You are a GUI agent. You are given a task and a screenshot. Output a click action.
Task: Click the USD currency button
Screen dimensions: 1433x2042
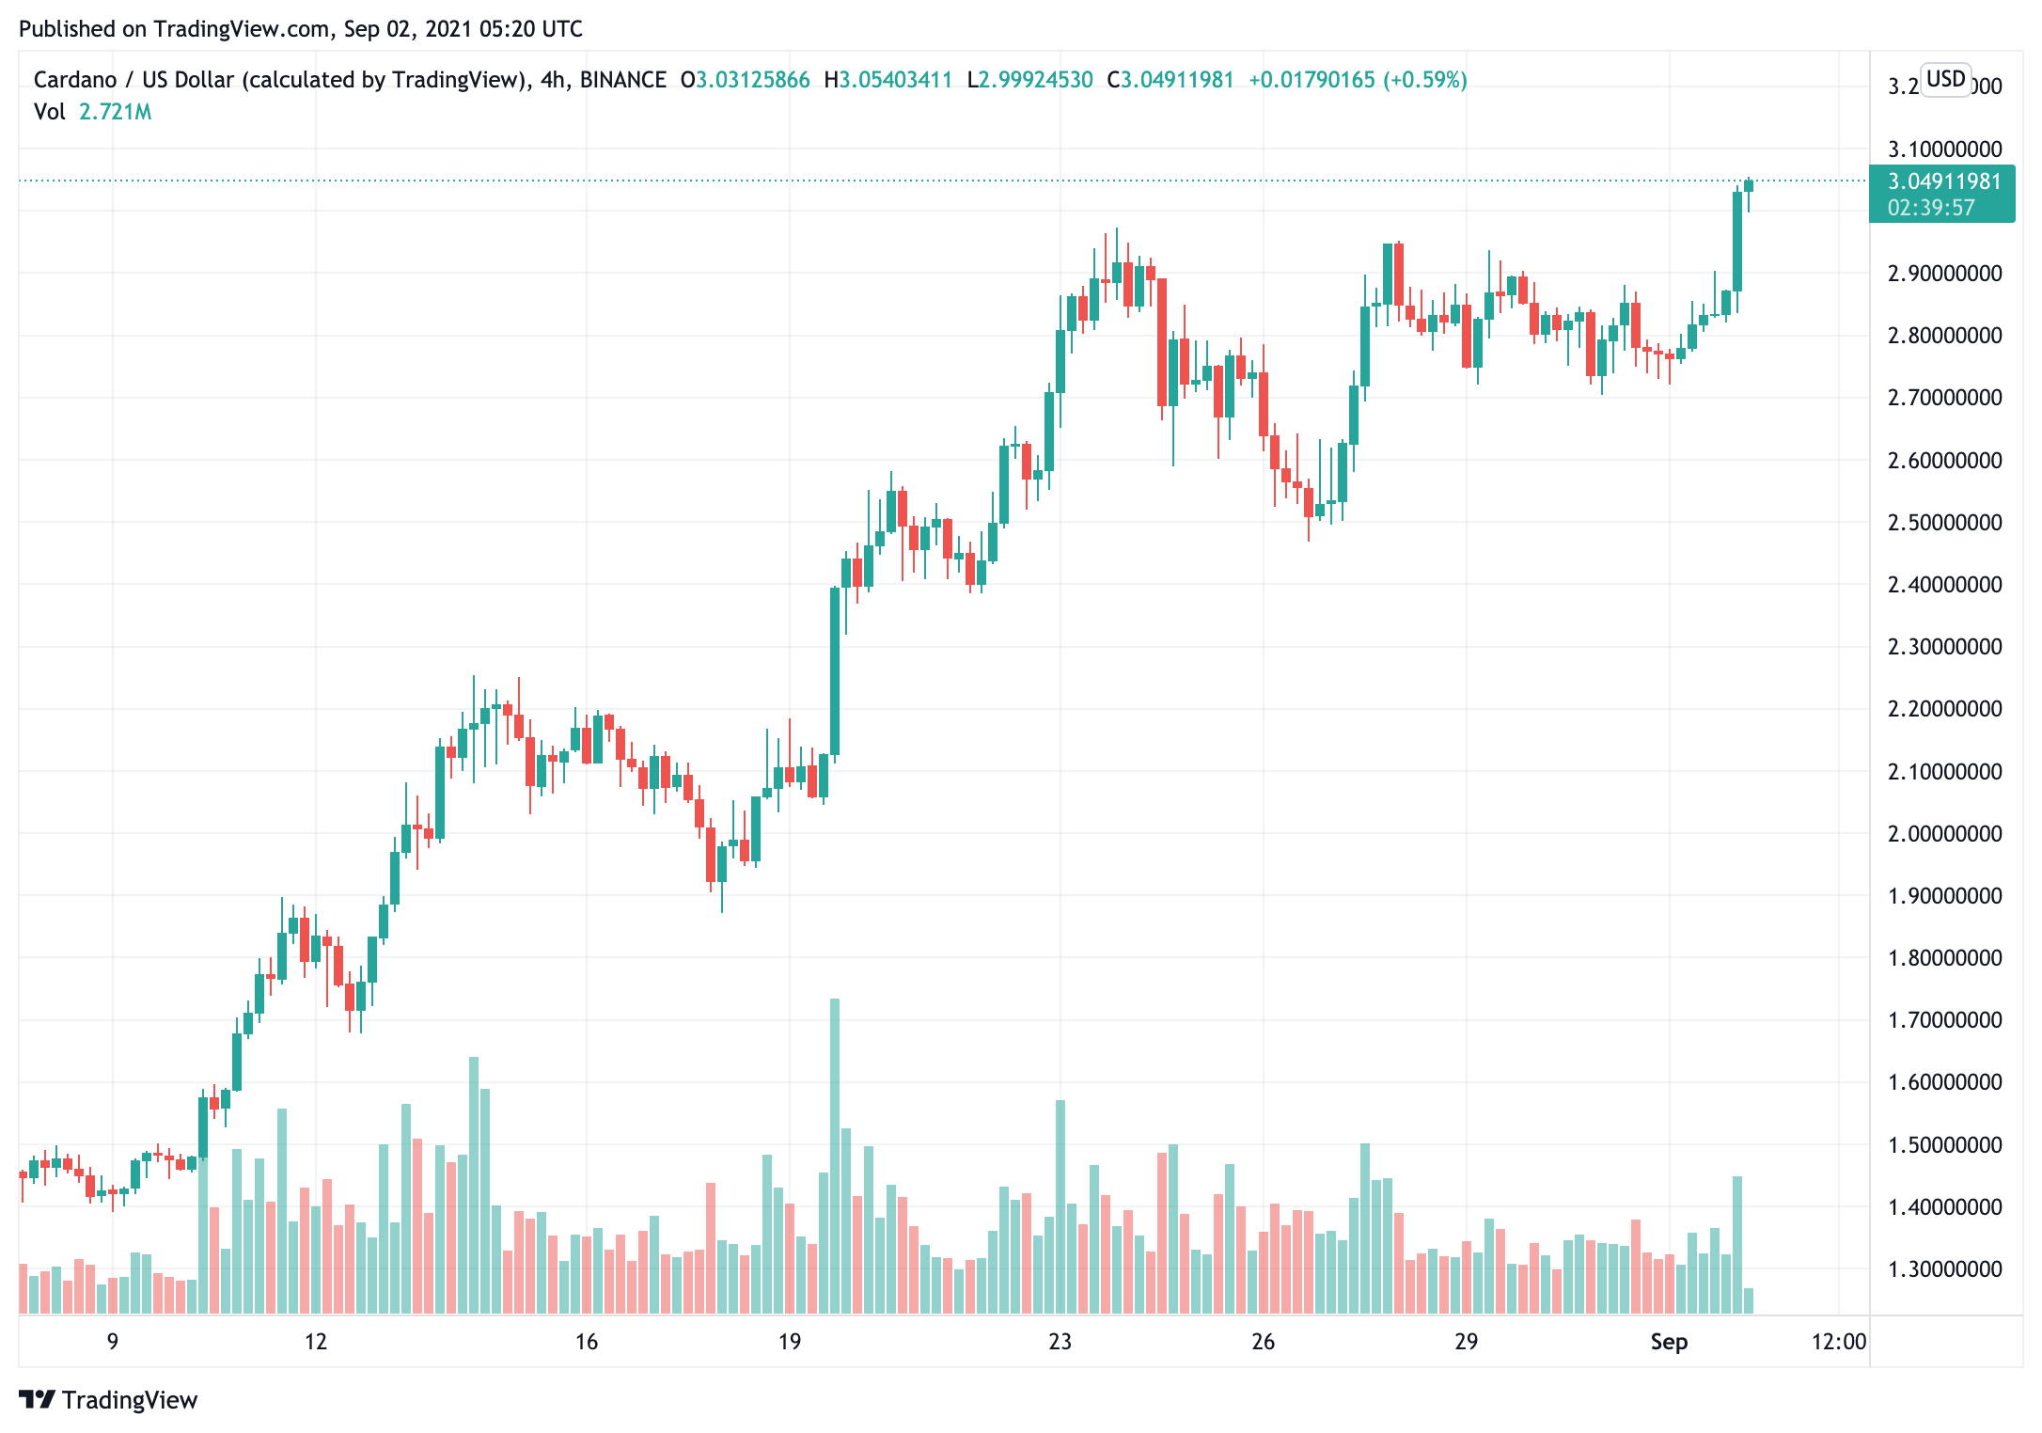(x=1945, y=79)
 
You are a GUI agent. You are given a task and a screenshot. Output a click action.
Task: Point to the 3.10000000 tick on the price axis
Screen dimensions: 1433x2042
(x=1944, y=149)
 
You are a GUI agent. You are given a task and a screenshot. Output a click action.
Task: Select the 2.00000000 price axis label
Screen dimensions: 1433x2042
(x=1944, y=834)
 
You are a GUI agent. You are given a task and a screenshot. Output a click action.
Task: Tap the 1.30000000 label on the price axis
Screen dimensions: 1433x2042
(x=1944, y=1269)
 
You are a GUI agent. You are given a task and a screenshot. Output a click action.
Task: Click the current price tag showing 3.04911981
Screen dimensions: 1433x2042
(x=1943, y=181)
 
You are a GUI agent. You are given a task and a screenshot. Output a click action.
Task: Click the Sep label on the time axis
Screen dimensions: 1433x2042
(x=1669, y=1342)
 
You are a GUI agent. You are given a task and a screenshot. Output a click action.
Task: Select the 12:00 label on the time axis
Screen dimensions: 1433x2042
(x=1838, y=1342)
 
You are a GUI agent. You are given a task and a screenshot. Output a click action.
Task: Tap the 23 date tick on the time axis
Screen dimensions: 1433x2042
(x=1060, y=1342)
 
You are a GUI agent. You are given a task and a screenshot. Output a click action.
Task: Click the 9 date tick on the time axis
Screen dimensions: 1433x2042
(x=113, y=1342)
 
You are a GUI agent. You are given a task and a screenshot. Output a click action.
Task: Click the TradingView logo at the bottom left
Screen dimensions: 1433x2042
(x=108, y=1400)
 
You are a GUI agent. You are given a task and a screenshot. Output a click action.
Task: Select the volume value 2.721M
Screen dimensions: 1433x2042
(x=115, y=112)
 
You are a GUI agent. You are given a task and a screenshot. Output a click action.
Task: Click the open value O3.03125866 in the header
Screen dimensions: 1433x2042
(x=745, y=80)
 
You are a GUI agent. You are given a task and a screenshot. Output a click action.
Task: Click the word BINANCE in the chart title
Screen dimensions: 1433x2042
(x=622, y=80)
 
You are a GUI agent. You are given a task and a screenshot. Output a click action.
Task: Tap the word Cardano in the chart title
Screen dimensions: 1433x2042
(x=75, y=80)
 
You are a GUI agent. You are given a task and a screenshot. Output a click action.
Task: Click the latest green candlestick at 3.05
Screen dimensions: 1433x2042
(x=1749, y=185)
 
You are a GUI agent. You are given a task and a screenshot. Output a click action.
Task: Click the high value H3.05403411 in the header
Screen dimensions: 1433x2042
(x=887, y=80)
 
